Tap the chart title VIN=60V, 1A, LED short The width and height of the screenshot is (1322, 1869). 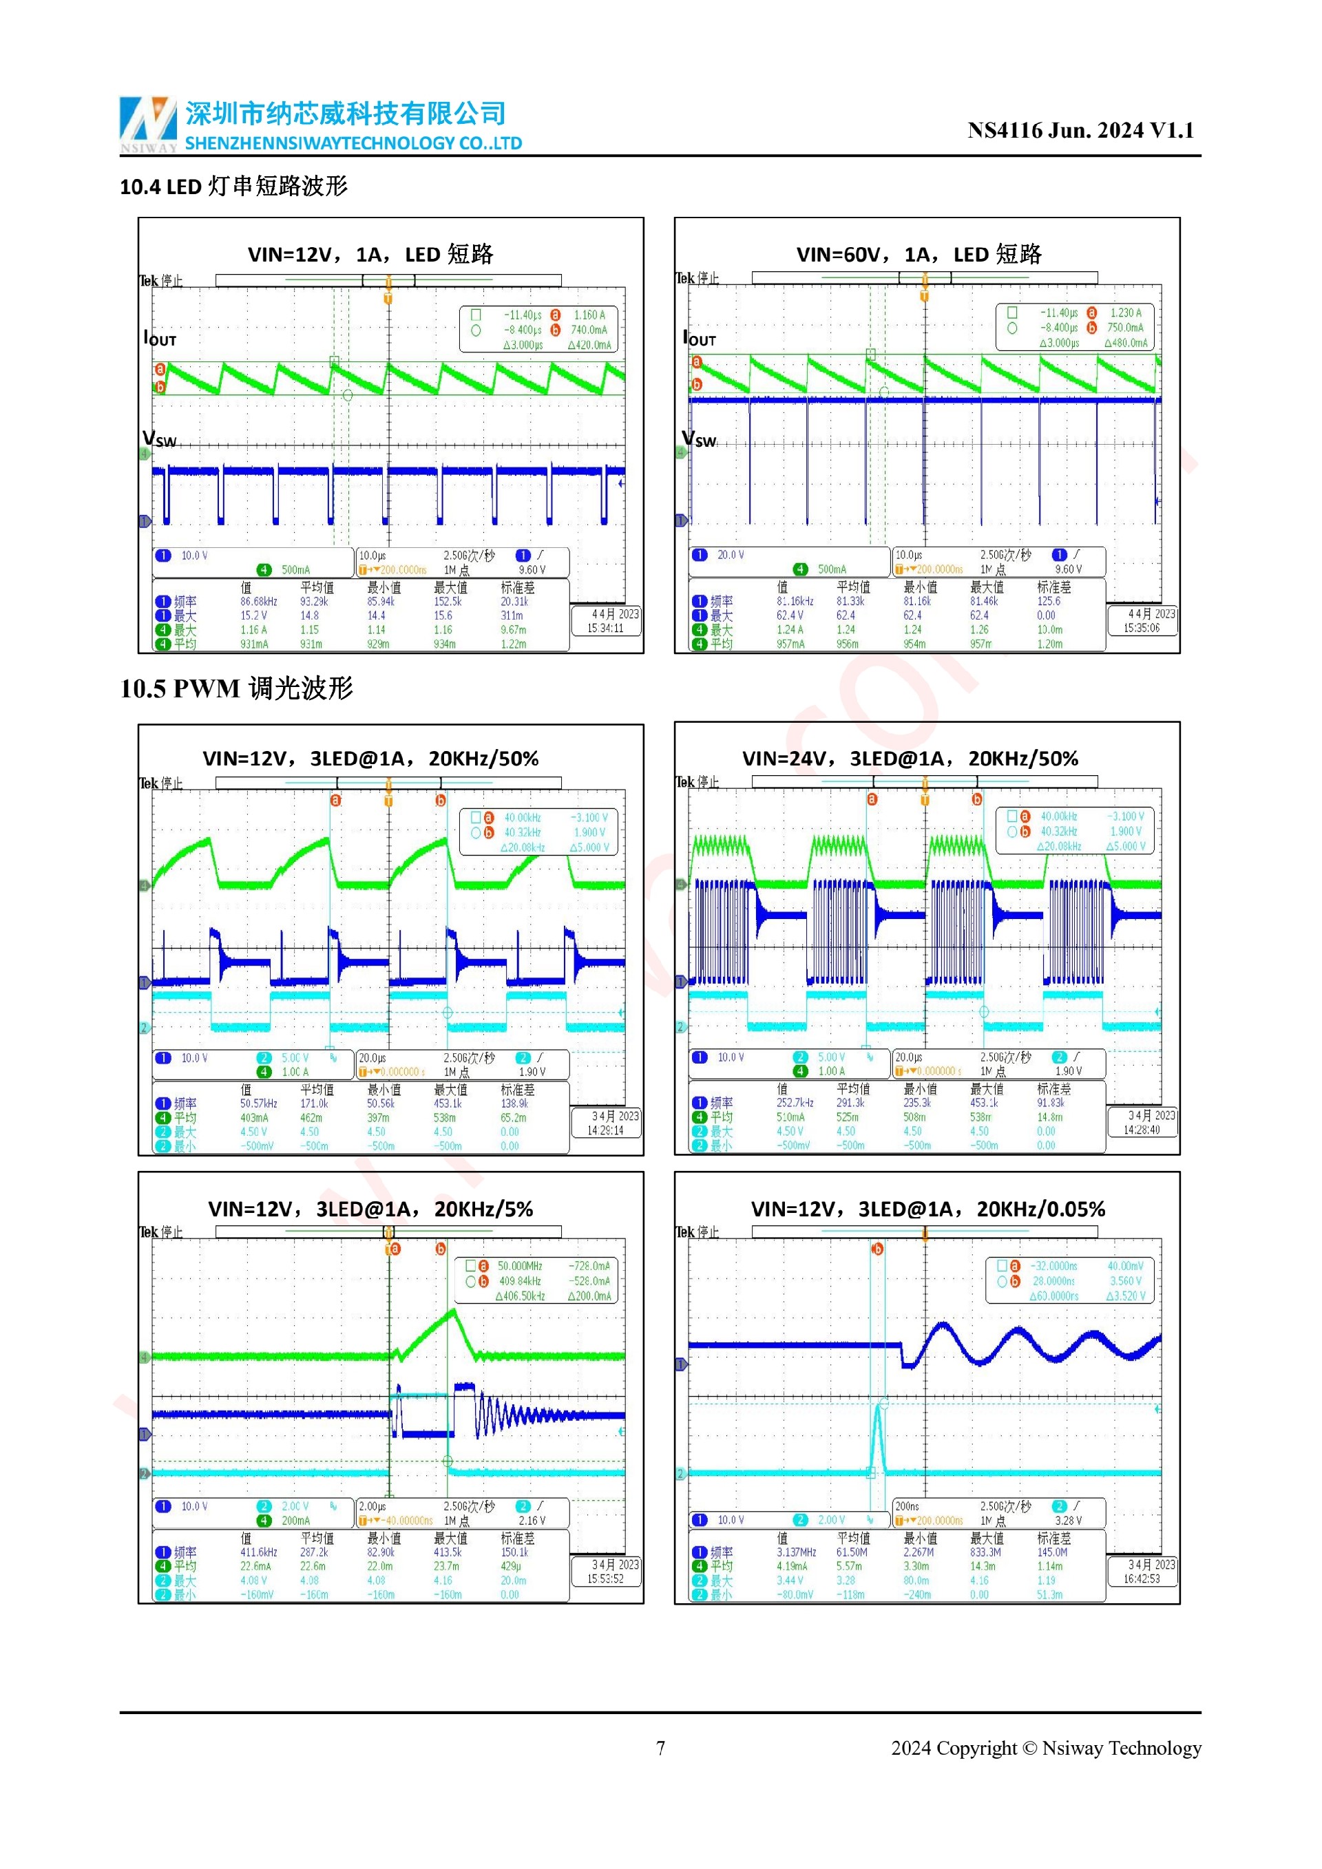[x=919, y=255]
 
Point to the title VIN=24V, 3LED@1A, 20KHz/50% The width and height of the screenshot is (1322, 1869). [x=910, y=759]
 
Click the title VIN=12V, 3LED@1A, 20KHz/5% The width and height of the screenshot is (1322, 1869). [x=370, y=1209]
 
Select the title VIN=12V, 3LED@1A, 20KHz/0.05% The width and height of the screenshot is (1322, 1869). [x=927, y=1209]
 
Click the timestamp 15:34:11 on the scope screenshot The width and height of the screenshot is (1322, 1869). [x=605, y=629]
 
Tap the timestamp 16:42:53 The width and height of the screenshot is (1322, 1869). [x=1142, y=1579]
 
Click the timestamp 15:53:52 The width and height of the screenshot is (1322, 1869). [x=605, y=1579]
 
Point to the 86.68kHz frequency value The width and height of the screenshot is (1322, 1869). [x=258, y=602]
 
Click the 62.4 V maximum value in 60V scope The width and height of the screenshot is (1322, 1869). [x=790, y=615]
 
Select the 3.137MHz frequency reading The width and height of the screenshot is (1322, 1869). [x=795, y=1552]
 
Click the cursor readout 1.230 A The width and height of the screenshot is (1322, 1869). [x=1125, y=313]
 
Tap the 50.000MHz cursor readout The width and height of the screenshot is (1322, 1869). [x=519, y=1266]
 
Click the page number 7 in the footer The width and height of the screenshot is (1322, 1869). [x=660, y=1748]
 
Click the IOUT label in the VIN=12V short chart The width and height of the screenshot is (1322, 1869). [x=160, y=339]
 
